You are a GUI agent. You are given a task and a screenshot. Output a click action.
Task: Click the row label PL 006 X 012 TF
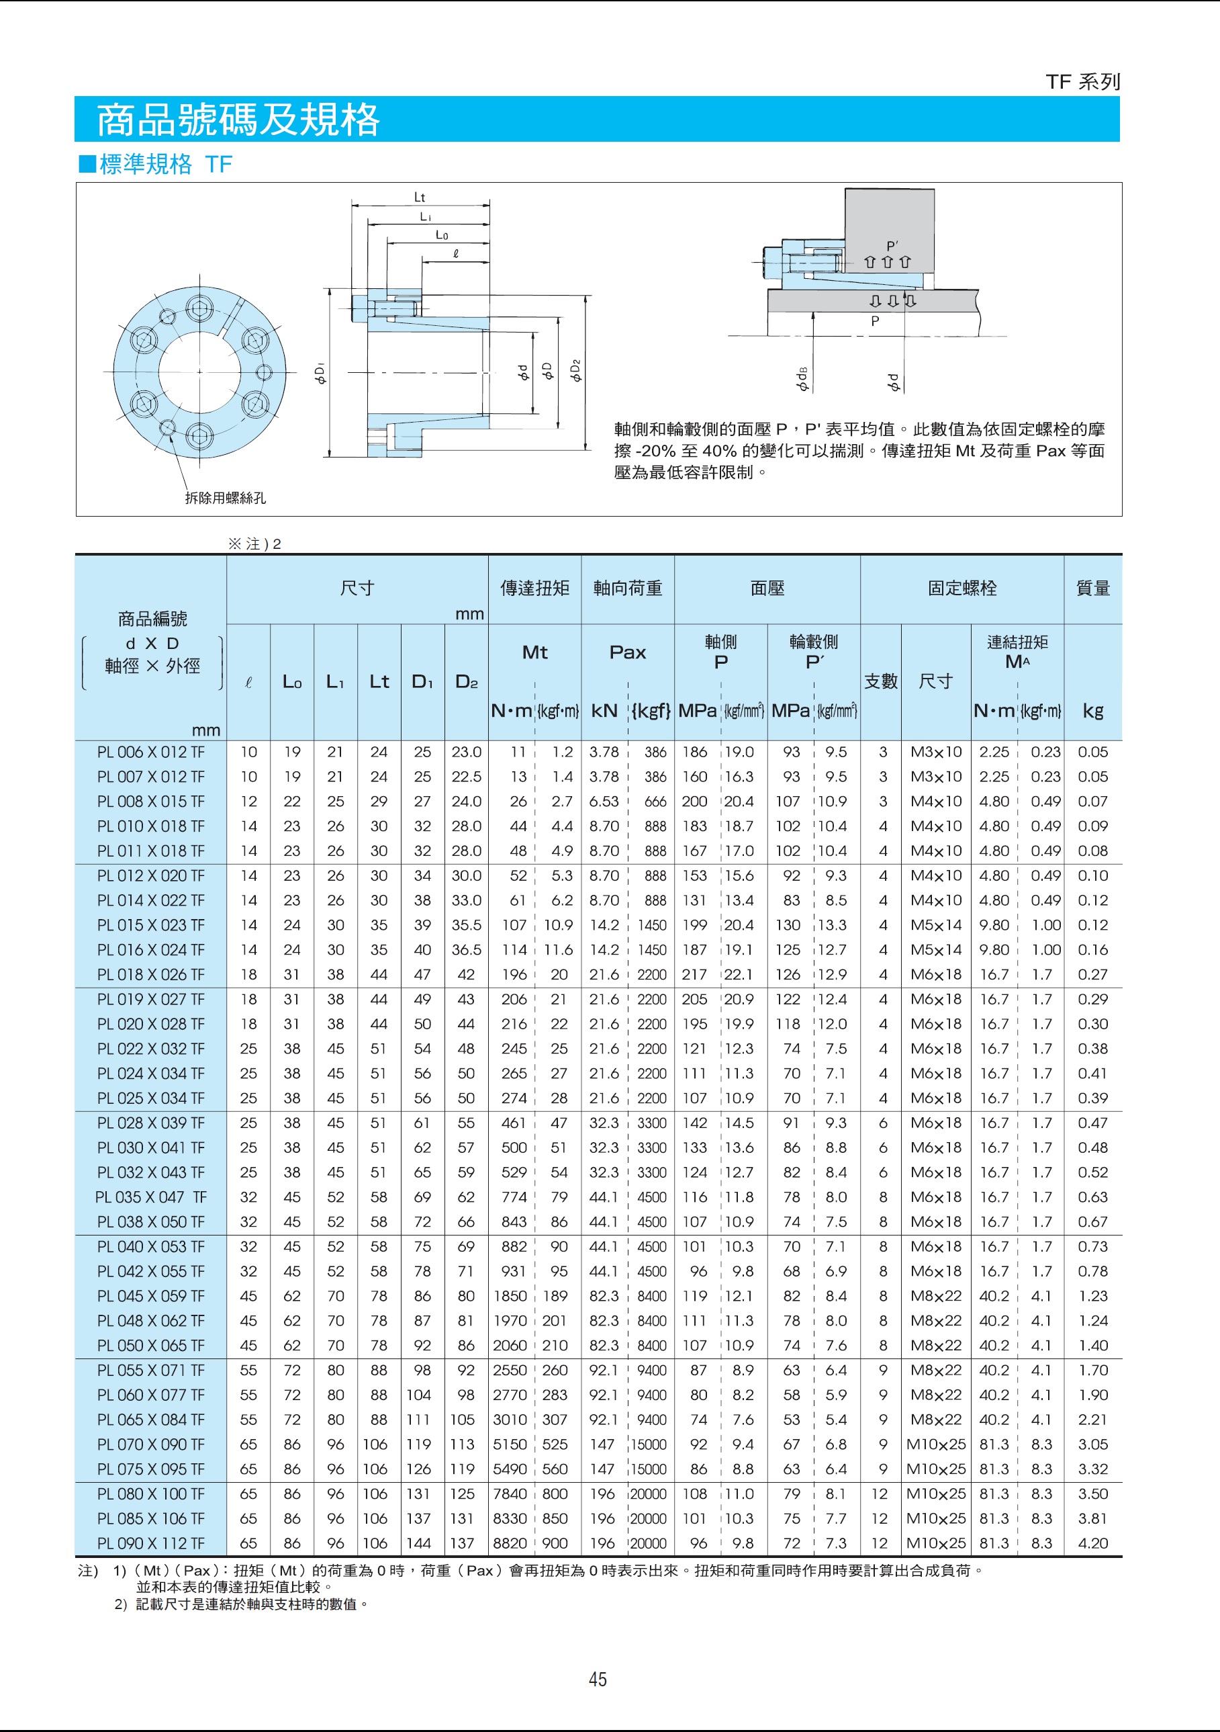[x=151, y=752]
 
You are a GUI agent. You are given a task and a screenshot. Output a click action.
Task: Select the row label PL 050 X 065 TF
[x=151, y=1345]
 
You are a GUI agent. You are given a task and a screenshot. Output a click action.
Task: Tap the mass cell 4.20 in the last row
[x=1092, y=1543]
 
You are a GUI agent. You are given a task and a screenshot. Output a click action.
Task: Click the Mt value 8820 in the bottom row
[x=510, y=1543]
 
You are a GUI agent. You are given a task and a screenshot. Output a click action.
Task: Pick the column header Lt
[x=379, y=682]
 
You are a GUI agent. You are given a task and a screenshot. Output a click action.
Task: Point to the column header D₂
[x=466, y=682]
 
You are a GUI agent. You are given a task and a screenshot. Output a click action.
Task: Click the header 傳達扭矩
[x=534, y=588]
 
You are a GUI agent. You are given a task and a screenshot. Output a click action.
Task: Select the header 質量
[x=1092, y=588]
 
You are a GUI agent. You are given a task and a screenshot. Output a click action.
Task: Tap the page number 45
[x=598, y=1679]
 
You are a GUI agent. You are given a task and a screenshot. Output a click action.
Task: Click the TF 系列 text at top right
[x=1083, y=81]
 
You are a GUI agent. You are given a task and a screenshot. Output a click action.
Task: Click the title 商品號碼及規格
[x=238, y=119]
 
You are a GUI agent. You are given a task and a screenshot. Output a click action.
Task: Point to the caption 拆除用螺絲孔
[x=226, y=498]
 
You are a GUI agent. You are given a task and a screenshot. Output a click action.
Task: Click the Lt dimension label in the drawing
[x=419, y=198]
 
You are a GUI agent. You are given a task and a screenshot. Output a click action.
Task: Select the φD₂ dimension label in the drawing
[x=576, y=370]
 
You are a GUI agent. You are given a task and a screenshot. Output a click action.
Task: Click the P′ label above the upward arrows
[x=892, y=246]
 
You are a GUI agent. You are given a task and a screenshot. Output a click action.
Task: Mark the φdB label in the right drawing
[x=802, y=379]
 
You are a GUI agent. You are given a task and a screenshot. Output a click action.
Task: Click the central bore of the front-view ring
[x=199, y=371]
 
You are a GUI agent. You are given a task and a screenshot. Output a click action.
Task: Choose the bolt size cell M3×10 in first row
[x=936, y=752]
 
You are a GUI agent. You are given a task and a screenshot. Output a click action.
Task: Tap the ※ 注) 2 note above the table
[x=255, y=544]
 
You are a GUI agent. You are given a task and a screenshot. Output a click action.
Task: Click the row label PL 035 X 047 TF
[x=151, y=1197]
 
